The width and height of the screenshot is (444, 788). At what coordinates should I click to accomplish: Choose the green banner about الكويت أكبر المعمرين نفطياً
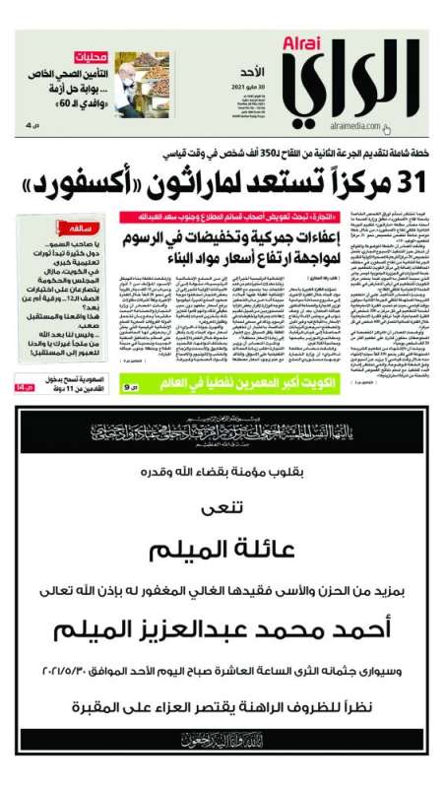tap(220, 375)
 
